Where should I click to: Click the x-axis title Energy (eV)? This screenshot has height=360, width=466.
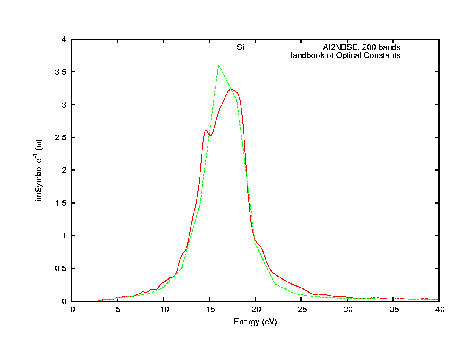coord(255,322)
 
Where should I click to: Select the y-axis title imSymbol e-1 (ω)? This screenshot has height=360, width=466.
coord(39,171)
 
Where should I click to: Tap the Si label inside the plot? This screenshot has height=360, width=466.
coord(240,47)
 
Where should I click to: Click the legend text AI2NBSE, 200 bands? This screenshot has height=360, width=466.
coord(361,47)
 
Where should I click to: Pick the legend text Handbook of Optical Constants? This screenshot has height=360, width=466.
coord(344,55)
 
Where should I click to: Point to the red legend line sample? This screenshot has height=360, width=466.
coord(417,47)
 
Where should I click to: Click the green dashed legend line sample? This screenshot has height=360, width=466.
coord(417,55)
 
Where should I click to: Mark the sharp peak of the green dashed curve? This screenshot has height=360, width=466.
coord(218,65)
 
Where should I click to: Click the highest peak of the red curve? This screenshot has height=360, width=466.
coord(231,89)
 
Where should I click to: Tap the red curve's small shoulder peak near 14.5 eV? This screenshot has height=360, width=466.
coord(206,130)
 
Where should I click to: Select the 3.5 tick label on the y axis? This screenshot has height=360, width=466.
coord(61,72)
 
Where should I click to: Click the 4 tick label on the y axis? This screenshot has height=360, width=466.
coord(64,39)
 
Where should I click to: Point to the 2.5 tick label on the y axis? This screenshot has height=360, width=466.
coord(61,138)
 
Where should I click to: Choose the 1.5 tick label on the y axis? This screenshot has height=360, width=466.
coord(61,203)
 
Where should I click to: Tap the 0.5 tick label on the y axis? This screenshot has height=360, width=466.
coord(61,269)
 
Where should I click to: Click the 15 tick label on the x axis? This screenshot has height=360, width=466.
coord(209,310)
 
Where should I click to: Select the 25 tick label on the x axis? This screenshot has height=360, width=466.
coord(301,310)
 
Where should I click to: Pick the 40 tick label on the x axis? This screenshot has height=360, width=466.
coord(439,310)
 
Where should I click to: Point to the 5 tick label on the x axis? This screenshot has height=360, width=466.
coord(117,310)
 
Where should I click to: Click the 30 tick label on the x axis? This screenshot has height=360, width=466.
coord(347,310)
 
